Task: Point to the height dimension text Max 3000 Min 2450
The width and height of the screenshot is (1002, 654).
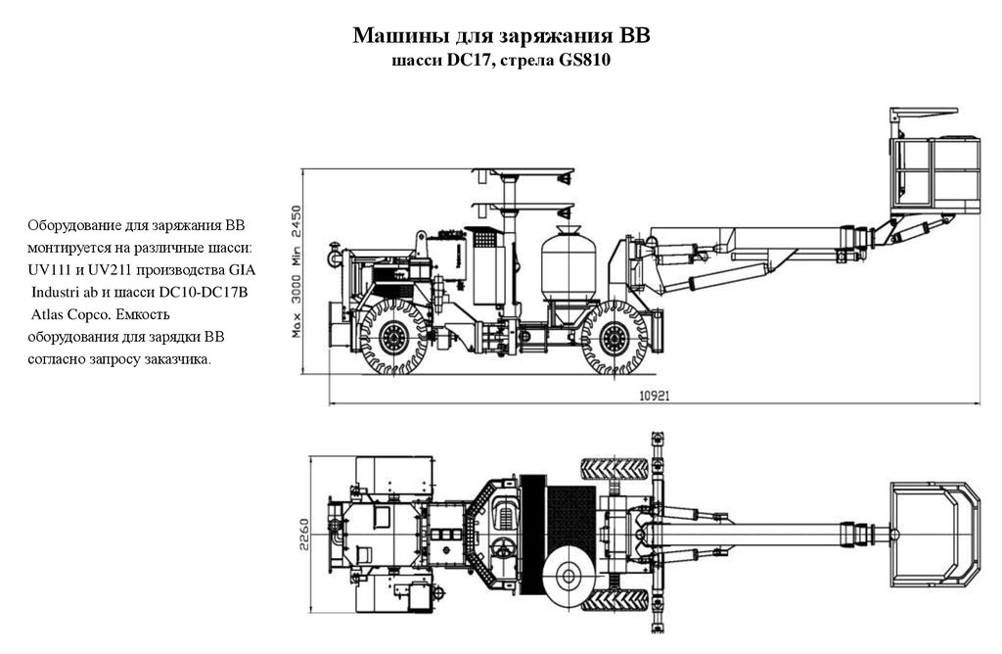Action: [x=296, y=271]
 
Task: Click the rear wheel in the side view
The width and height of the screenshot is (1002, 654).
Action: [x=394, y=339]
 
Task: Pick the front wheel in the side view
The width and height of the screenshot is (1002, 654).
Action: [x=614, y=339]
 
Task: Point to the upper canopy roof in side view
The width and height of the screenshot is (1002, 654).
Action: [x=522, y=175]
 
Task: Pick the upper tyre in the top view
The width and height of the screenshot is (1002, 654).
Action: [x=615, y=468]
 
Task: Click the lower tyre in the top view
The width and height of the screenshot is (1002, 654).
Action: [x=615, y=599]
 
